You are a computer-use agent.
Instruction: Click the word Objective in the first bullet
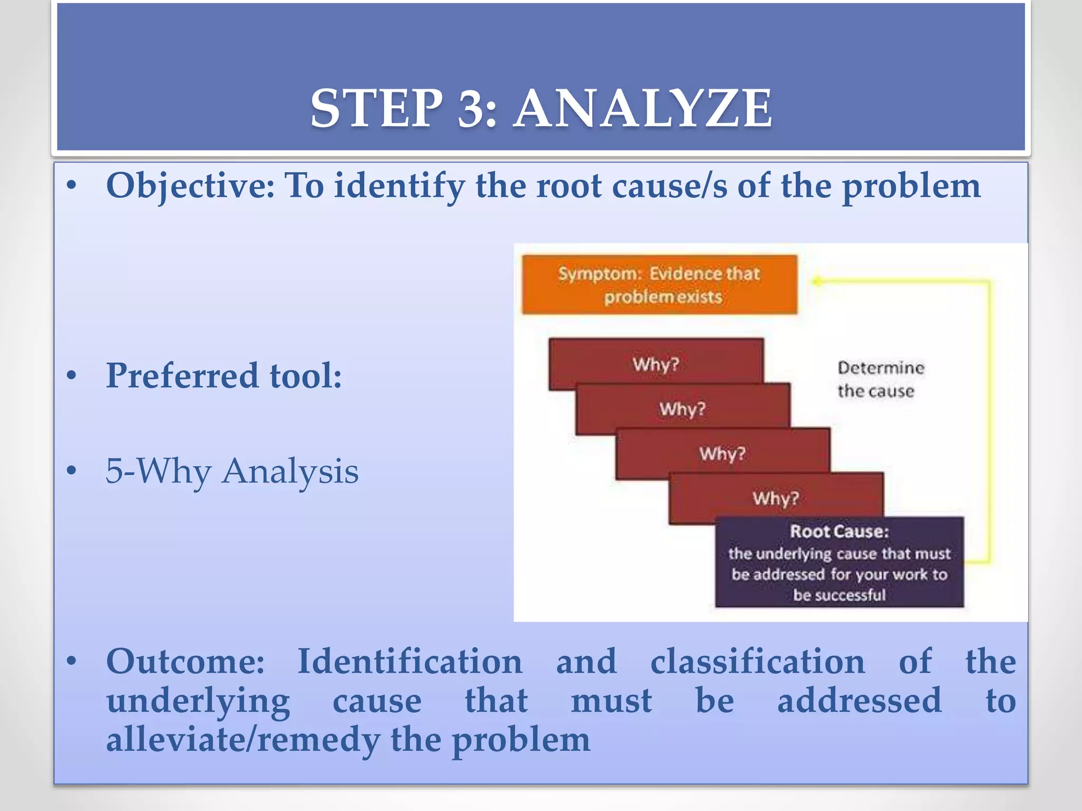[190, 186]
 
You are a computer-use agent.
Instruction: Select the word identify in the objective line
[399, 187]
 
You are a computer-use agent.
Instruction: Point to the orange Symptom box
[659, 285]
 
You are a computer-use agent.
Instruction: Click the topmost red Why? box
[656, 364]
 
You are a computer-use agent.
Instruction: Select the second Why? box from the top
[682, 409]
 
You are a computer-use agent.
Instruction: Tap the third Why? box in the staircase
[722, 453]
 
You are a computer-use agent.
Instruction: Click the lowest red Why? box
[776, 497]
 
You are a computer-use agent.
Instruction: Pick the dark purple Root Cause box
[839, 562]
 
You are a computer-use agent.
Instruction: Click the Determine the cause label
[880, 379]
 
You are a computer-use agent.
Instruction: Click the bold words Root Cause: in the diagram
[839, 531]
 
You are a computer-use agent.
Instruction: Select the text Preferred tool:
[224, 376]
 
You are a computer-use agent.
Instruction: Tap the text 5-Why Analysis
[232, 471]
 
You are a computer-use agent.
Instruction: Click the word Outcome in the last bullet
[185, 661]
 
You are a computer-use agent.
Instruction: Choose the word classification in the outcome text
[758, 661]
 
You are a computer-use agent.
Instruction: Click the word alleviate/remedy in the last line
[242, 739]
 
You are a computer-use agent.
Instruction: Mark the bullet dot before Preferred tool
[72, 376]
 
